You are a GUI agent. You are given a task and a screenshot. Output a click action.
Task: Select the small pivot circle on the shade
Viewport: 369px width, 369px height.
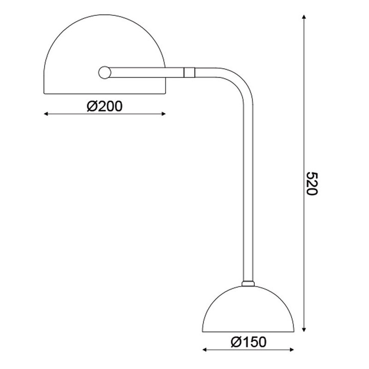click(x=105, y=72)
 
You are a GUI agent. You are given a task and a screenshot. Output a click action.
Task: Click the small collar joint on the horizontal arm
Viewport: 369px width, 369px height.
click(x=189, y=72)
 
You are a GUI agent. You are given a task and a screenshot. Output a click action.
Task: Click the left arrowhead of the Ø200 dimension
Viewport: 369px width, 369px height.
click(x=47, y=114)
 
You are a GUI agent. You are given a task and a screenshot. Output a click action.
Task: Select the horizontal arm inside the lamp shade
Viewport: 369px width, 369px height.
click(x=138, y=72)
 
